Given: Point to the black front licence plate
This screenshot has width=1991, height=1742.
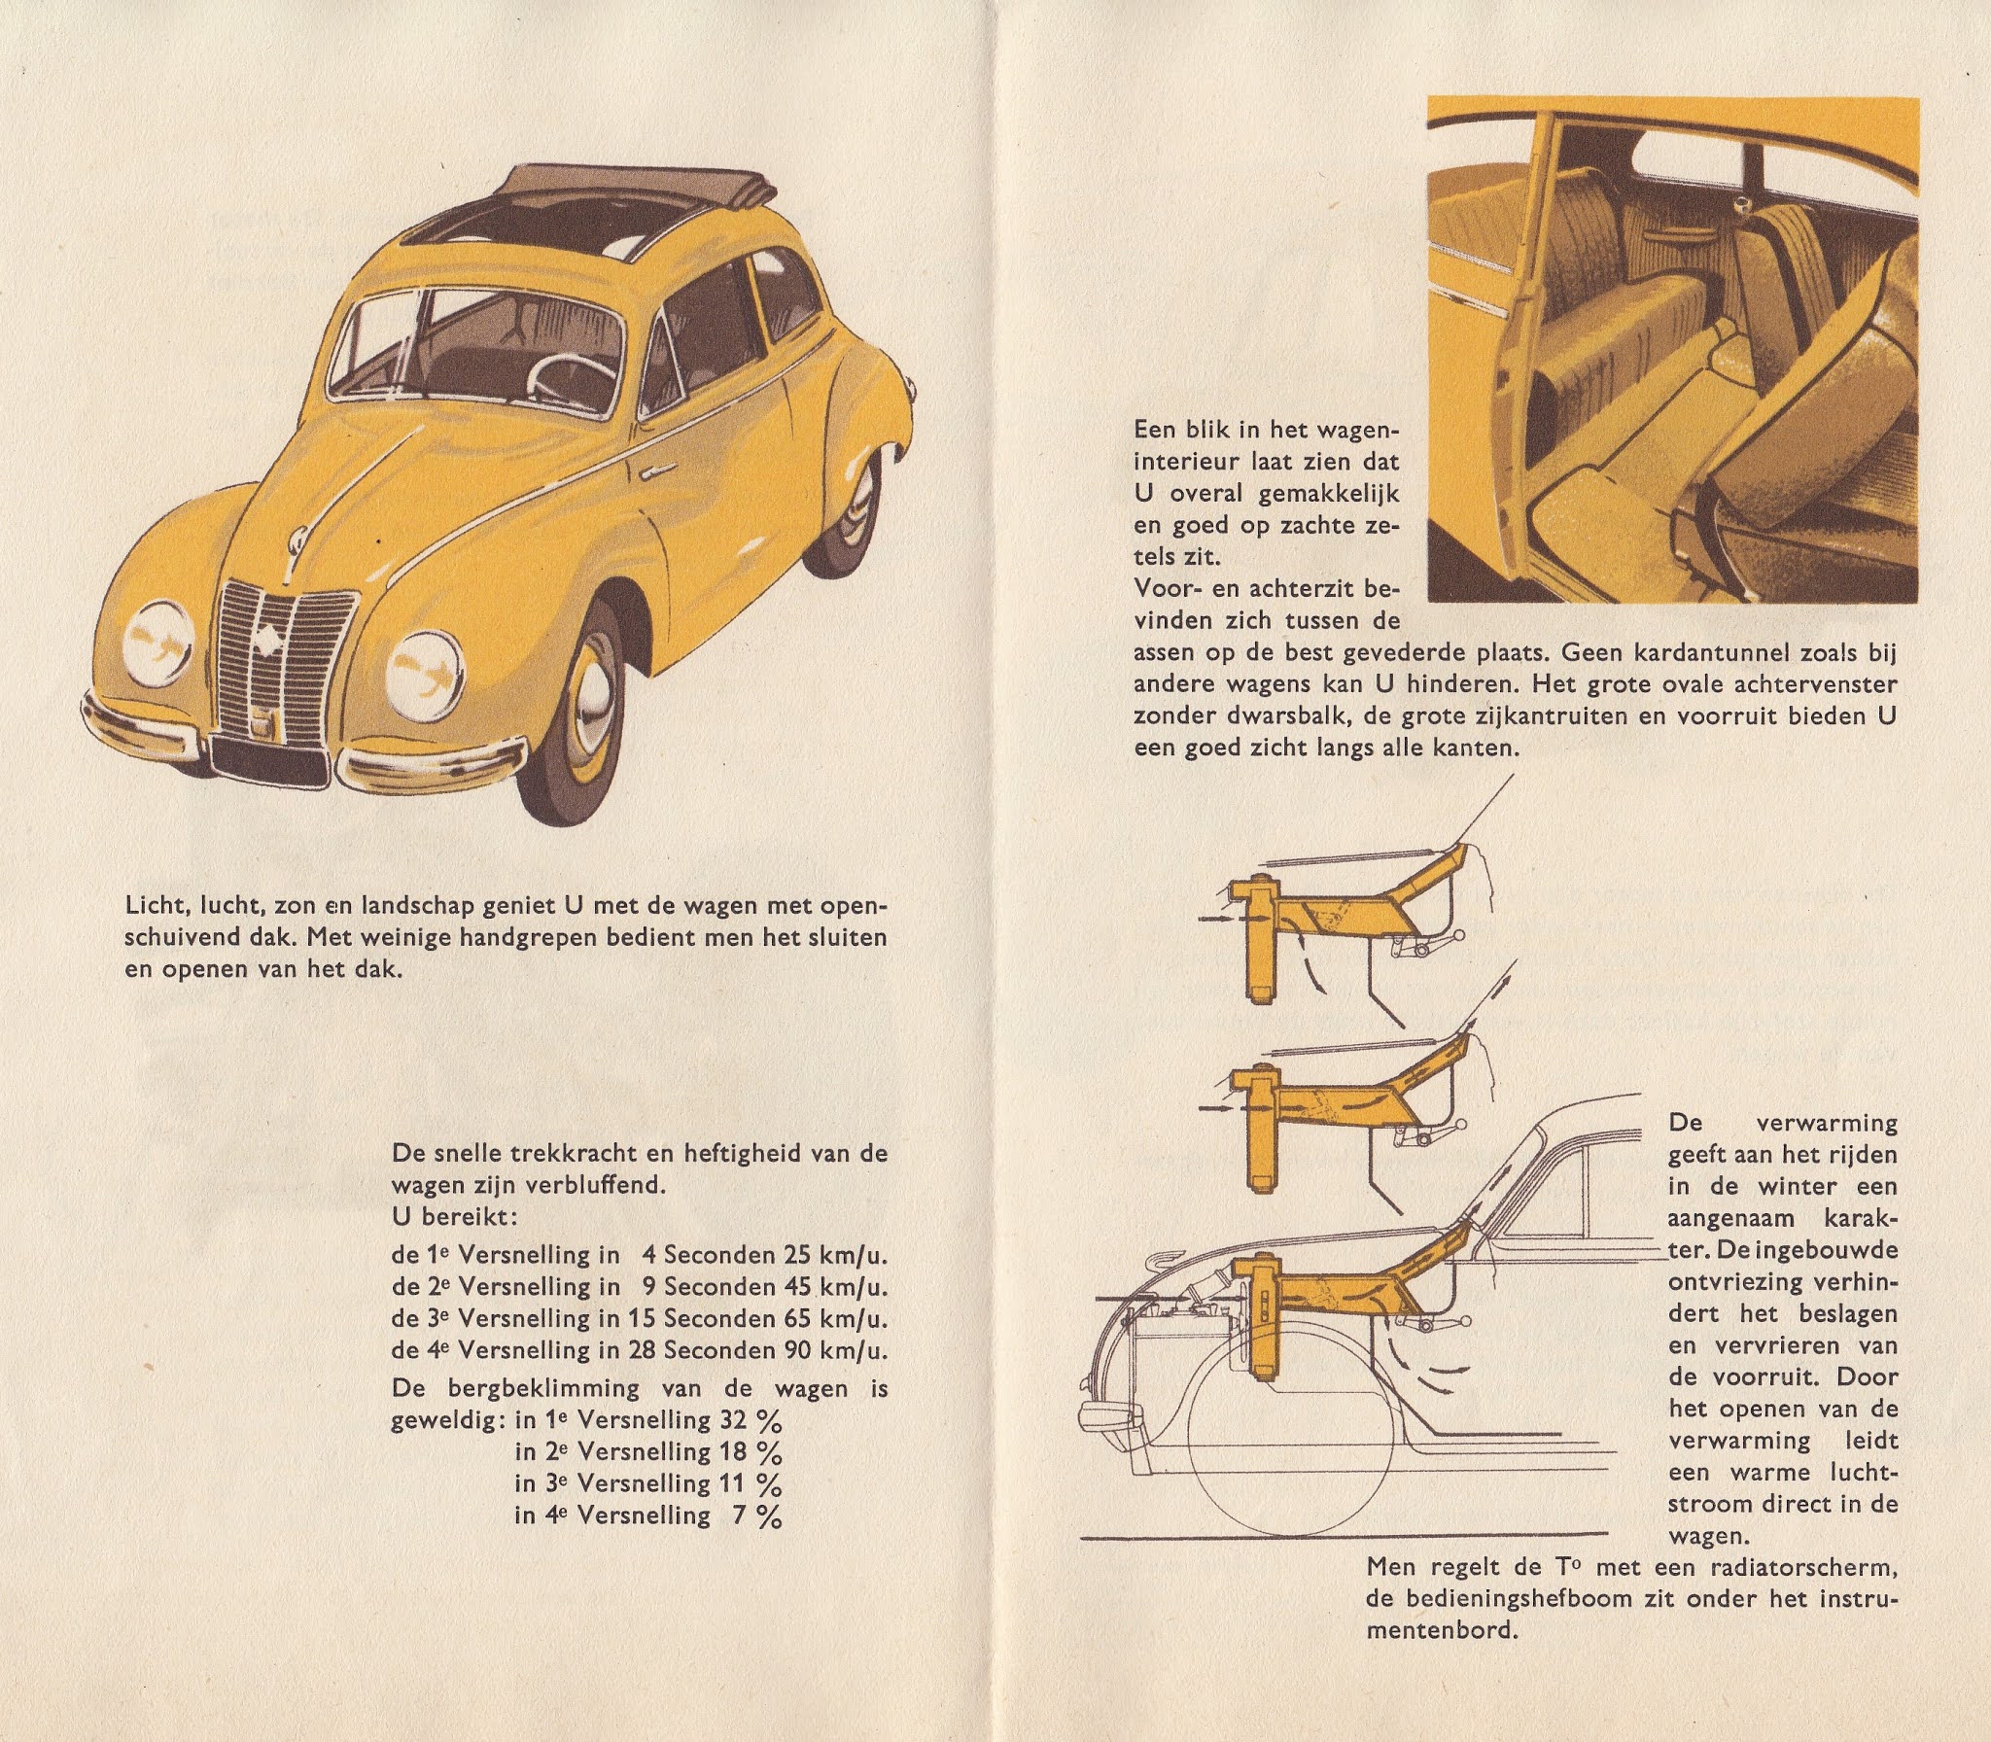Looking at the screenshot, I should tap(269, 757).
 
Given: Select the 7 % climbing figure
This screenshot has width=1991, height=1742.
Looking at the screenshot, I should tap(757, 1516).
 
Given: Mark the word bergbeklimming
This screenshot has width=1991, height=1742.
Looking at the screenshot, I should tap(544, 1387).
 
